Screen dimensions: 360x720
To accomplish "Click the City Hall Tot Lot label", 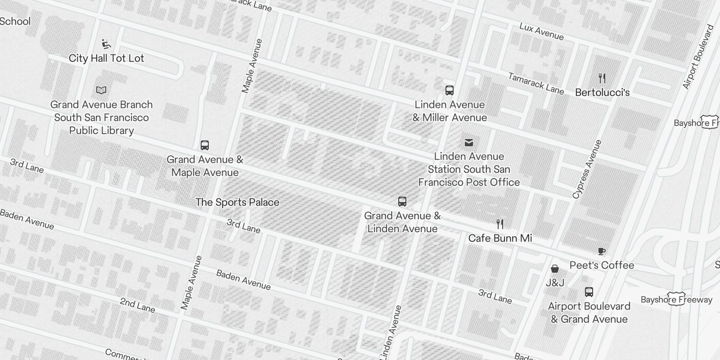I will point(106,58).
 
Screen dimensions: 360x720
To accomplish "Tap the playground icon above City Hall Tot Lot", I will point(106,44).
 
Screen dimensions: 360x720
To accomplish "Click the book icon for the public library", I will point(101,90).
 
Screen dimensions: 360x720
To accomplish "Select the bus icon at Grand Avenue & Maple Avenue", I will point(205,145).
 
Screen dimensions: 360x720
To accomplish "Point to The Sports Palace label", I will point(237,202).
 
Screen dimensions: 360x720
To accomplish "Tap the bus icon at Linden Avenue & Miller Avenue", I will point(450,90).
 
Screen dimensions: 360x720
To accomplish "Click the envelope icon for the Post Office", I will point(468,143).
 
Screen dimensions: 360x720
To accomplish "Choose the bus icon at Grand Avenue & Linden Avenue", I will point(402,202).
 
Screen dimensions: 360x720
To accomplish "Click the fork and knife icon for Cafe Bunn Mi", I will point(500,224).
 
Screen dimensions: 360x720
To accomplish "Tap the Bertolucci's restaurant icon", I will point(602,78).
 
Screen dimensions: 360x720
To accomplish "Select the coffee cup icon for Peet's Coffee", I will point(602,251).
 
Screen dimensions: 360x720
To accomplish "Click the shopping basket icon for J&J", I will point(555,269).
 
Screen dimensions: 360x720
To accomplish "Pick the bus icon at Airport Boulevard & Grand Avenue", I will point(589,292).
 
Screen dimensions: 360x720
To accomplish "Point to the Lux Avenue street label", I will point(541,31).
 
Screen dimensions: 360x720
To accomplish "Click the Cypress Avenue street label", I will point(587,169).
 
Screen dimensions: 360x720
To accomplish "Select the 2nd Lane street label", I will point(137,305).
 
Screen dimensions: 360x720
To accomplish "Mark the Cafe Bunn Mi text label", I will point(500,238).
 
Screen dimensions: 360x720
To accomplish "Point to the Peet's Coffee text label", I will point(602,265).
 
